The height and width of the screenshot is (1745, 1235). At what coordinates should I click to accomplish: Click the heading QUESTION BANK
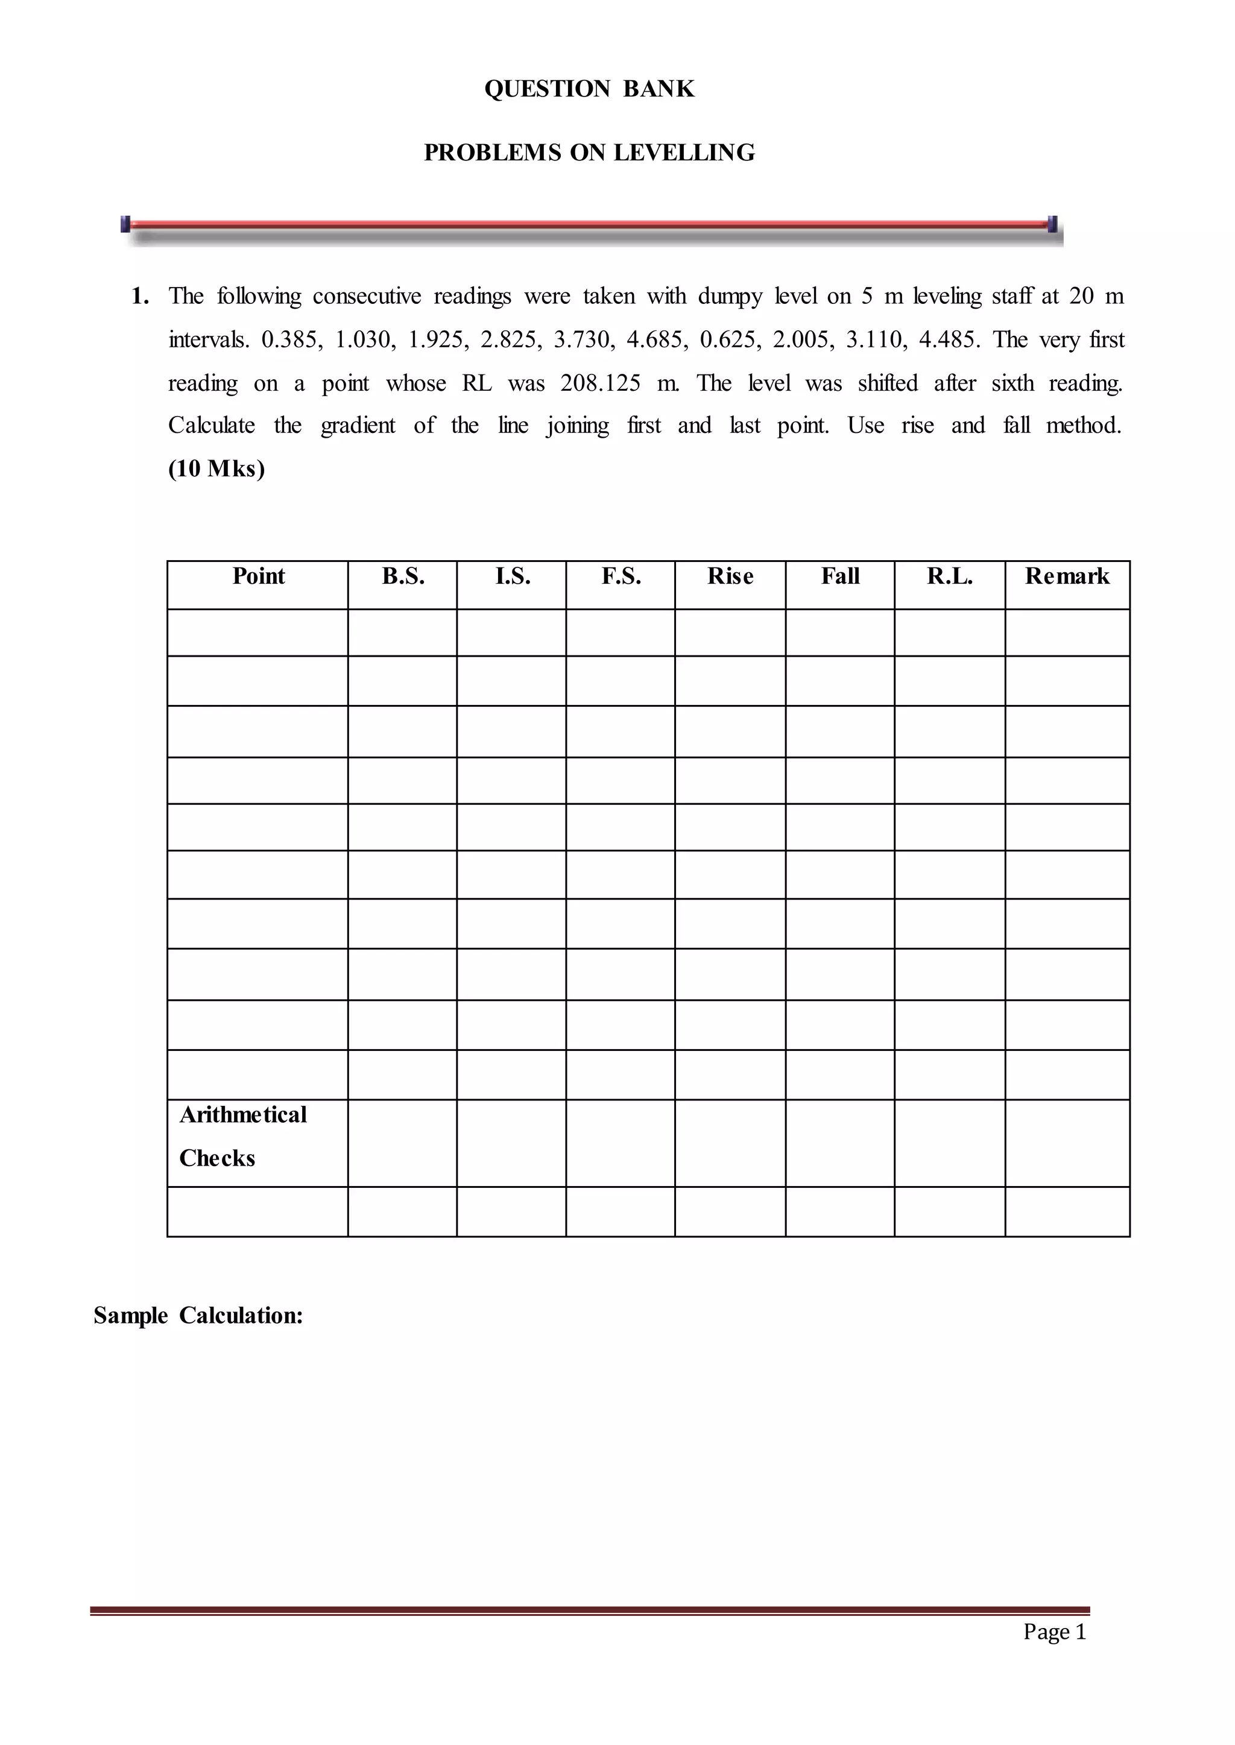(x=589, y=89)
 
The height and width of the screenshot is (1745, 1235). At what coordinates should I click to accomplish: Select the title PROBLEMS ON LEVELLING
(x=589, y=153)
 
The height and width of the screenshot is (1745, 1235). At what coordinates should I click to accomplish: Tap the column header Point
(x=259, y=576)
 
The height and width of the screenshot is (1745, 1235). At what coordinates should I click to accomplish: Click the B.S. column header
(x=403, y=576)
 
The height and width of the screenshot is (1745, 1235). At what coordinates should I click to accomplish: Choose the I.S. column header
(x=513, y=576)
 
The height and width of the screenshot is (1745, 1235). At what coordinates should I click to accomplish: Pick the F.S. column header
(x=621, y=576)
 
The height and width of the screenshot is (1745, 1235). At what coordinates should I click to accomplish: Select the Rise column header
(x=730, y=576)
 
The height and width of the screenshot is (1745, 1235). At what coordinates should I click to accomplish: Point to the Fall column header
(x=840, y=576)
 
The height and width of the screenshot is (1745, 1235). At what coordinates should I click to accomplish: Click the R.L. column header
(x=950, y=576)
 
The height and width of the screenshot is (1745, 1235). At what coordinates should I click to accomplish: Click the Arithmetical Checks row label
(x=242, y=1136)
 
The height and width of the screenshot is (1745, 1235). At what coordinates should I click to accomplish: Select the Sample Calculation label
(x=198, y=1316)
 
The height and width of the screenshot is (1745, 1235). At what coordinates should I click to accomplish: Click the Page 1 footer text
(x=1054, y=1631)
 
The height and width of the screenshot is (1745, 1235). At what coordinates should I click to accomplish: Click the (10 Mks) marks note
(x=216, y=469)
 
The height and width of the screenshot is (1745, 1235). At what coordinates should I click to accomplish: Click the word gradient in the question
(x=358, y=426)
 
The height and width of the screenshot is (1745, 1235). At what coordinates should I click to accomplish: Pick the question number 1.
(x=140, y=296)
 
